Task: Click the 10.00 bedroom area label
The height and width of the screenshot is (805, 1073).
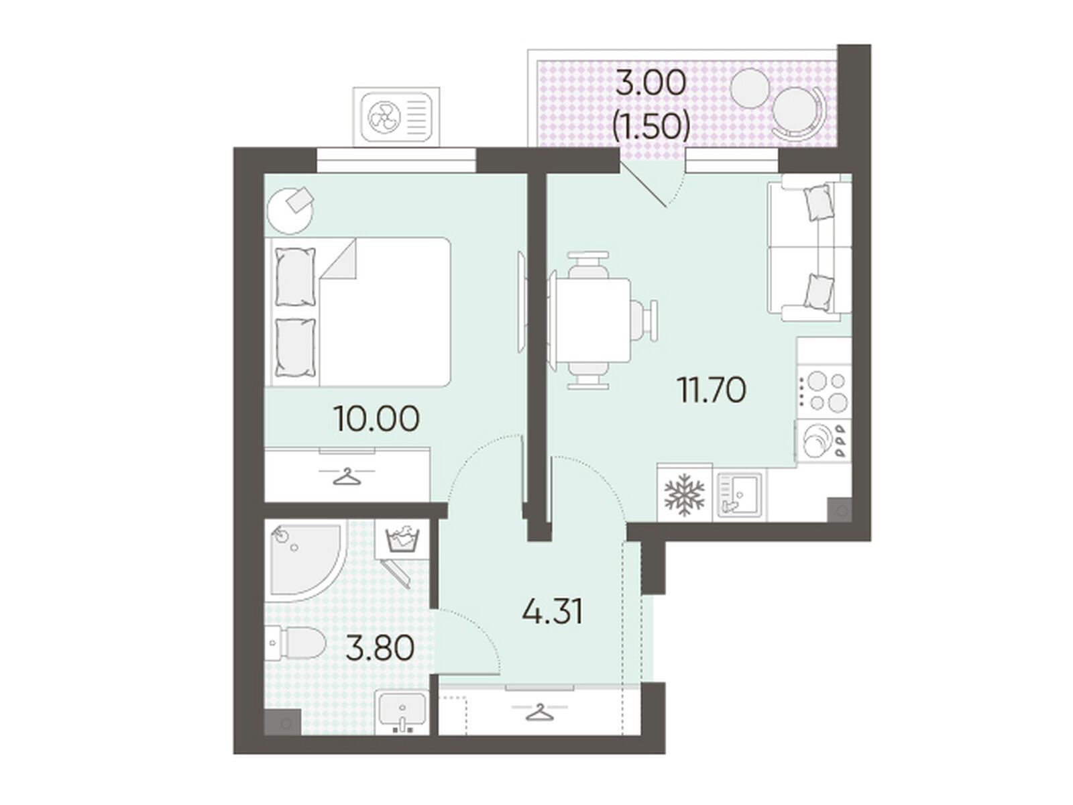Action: pyautogui.click(x=376, y=419)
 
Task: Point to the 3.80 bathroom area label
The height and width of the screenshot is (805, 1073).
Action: pyautogui.click(x=380, y=648)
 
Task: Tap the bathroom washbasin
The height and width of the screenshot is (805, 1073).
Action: pyautogui.click(x=402, y=712)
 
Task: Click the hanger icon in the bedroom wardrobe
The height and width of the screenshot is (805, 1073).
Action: pyautogui.click(x=347, y=476)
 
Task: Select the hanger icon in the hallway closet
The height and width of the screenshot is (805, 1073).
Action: pyautogui.click(x=539, y=712)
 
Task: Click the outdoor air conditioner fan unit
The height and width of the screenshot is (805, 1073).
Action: pyautogui.click(x=396, y=117)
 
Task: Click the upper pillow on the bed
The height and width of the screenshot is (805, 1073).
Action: pyautogui.click(x=295, y=278)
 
